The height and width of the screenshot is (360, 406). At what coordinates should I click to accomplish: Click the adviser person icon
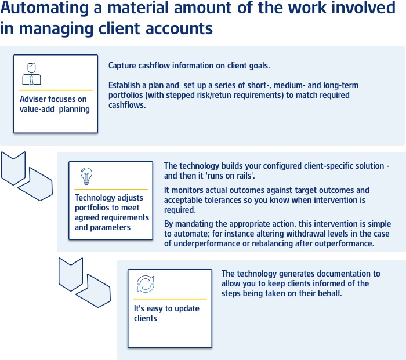click(x=31, y=74)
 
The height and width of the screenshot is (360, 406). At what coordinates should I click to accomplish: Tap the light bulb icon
click(x=86, y=176)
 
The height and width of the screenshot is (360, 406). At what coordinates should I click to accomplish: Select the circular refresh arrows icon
click(x=146, y=284)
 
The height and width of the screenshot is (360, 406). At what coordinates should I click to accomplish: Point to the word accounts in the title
click(x=179, y=28)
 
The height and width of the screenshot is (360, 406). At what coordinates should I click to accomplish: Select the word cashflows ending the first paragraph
click(x=126, y=105)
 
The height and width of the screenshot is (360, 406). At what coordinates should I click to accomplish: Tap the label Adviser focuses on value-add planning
click(x=55, y=104)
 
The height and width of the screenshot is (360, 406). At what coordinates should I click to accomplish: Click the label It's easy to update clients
click(x=166, y=313)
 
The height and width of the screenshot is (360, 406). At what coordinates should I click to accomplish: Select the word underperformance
click(x=207, y=243)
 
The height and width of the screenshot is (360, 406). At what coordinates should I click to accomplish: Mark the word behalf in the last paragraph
click(x=331, y=293)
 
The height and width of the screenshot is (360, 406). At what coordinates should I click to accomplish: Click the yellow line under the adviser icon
click(x=56, y=90)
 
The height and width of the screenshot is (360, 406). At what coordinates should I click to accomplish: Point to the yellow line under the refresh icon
click(x=170, y=299)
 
